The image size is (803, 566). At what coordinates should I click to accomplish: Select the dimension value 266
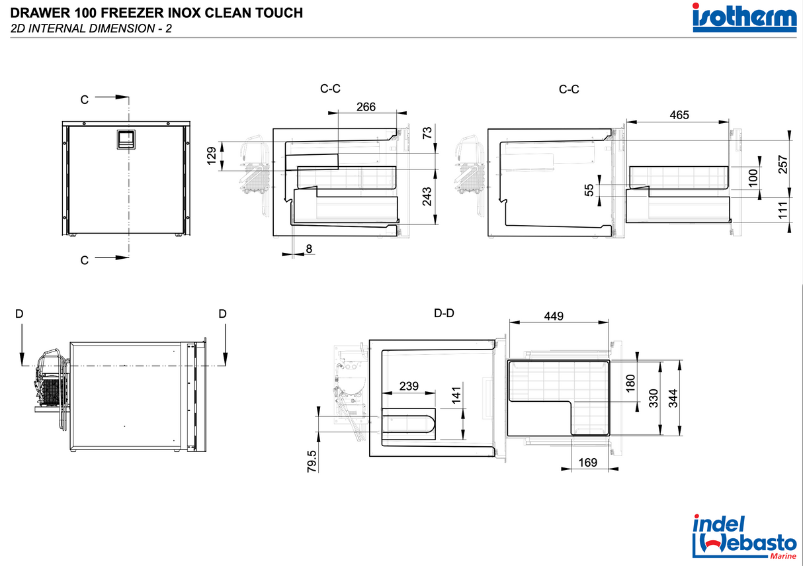366,107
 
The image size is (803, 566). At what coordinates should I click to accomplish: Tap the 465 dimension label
679,115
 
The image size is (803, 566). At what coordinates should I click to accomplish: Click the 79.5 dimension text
312,461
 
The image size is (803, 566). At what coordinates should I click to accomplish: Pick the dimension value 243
427,197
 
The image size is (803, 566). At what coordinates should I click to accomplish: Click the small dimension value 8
309,248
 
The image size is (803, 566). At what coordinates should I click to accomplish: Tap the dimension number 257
783,164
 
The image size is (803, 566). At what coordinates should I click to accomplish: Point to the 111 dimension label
783,211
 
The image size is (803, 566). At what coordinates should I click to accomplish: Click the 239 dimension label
408,386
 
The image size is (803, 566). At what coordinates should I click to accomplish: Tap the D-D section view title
444,313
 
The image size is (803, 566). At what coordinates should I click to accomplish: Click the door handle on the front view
124,139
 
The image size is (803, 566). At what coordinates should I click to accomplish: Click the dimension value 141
456,395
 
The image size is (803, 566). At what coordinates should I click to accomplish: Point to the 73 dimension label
427,132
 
